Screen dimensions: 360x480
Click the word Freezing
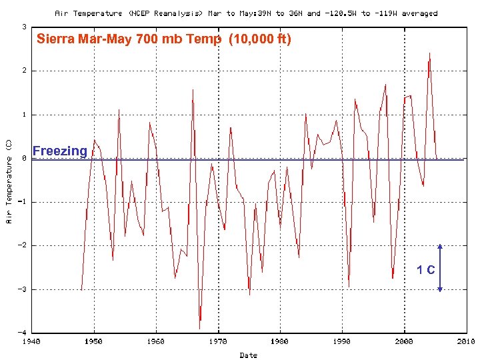[59, 151]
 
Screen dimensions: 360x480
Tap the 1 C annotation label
[426, 270]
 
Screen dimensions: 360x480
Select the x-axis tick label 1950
[93, 341]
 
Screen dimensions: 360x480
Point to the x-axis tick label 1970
[217, 341]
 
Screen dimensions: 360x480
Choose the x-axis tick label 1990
[341, 341]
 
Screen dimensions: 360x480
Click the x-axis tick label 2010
[465, 341]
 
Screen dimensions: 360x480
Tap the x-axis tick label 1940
[31, 341]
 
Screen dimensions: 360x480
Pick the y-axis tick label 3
[24, 27]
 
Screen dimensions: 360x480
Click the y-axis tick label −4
[22, 332]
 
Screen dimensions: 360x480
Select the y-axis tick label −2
[22, 245]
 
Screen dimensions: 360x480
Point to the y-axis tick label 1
[24, 115]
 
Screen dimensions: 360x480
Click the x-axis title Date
[248, 355]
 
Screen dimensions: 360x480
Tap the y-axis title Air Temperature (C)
[9, 181]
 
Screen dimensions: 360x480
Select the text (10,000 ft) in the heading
[259, 39]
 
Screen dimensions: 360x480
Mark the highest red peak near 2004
[429, 53]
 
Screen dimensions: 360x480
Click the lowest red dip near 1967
[199, 327]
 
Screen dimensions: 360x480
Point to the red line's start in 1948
[81, 289]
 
